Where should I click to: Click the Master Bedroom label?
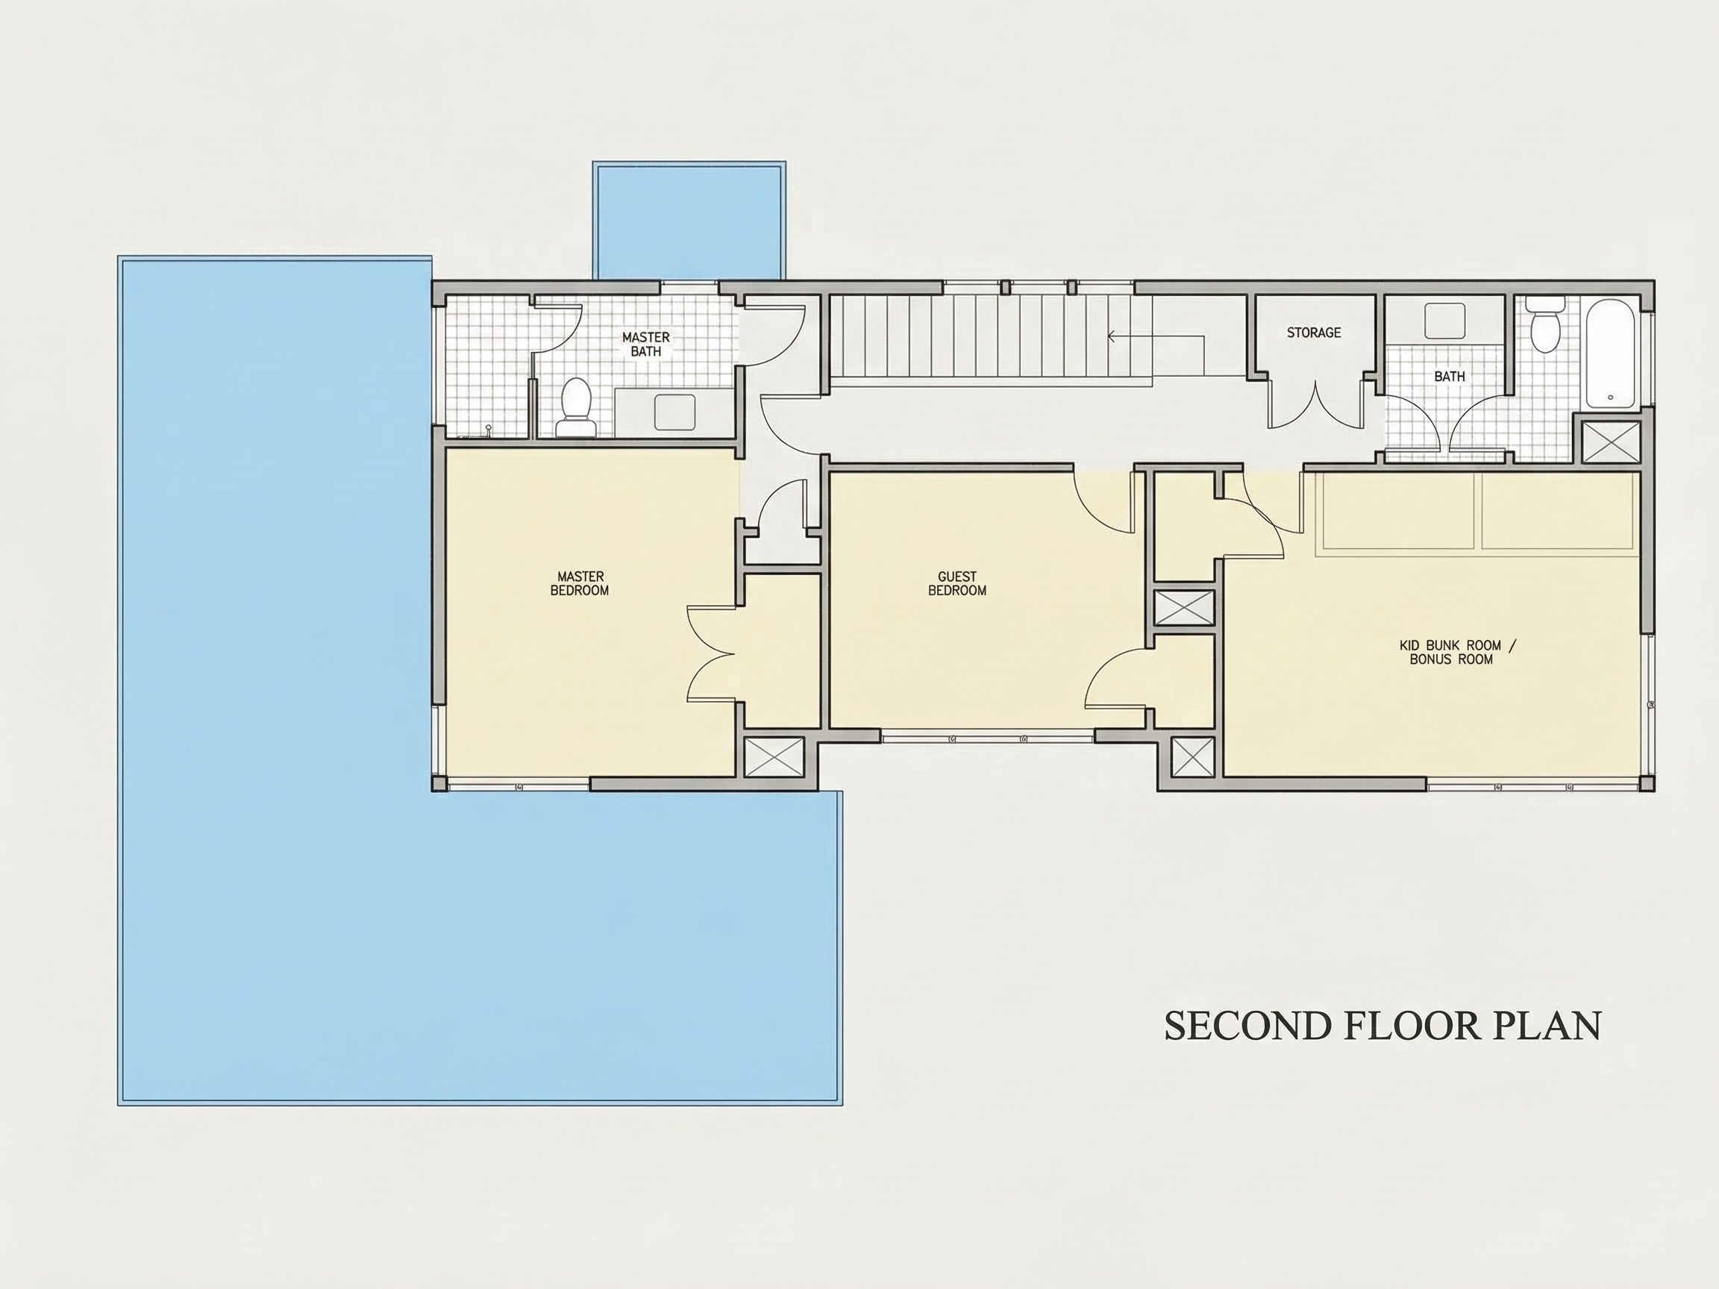coord(579,583)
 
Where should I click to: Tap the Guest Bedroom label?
coord(956,583)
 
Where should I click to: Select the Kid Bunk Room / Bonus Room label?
coord(1457,653)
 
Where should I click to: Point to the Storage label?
coord(1313,333)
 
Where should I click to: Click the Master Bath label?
coord(646,344)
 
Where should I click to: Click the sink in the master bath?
coord(674,412)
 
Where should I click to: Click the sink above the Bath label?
coord(1444,321)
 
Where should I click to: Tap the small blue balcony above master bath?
coord(689,220)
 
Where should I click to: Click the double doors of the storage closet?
coord(1315,404)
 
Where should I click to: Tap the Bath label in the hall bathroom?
coord(1450,377)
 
